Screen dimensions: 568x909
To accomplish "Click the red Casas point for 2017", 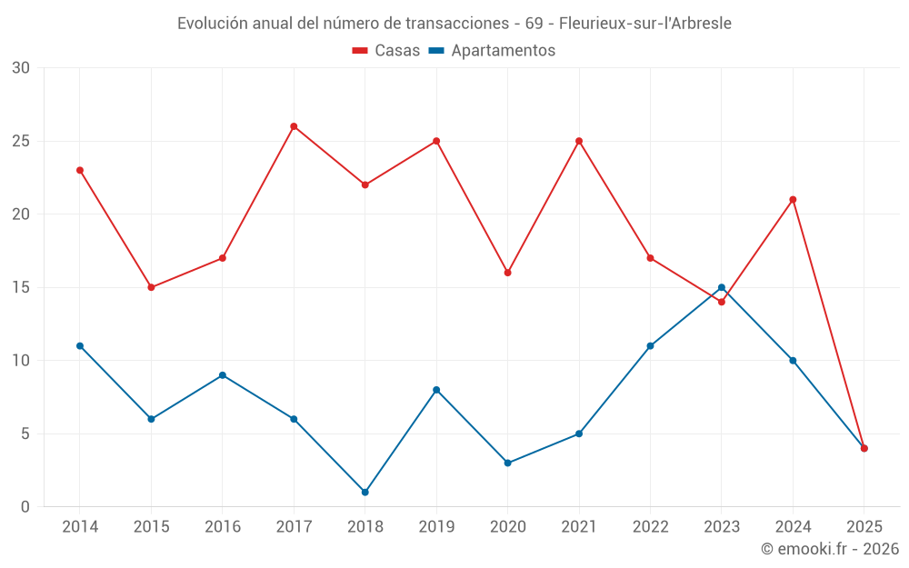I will pos(294,126).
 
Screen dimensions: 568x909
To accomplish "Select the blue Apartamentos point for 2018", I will pos(365,493).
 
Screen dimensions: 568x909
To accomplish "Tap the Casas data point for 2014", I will pos(80,170).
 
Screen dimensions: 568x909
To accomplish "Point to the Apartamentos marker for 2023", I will pos(722,287).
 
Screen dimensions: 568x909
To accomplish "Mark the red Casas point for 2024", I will pos(793,200).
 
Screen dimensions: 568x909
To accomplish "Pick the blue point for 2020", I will pos(508,463).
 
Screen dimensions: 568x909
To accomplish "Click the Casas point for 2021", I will pos(579,141).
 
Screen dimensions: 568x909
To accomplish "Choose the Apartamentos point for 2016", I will pos(223,375).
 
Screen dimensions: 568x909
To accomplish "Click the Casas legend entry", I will pos(386,51).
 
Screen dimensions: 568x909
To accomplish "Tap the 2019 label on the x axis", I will pos(436,527).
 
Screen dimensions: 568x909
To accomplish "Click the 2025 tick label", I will pos(864,527).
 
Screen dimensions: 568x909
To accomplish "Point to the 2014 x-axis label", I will pos(80,527).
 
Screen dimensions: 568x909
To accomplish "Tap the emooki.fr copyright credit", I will pos(829,549).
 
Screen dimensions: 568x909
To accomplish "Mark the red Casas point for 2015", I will pos(151,287).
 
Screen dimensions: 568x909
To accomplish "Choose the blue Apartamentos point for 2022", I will pos(650,346).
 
